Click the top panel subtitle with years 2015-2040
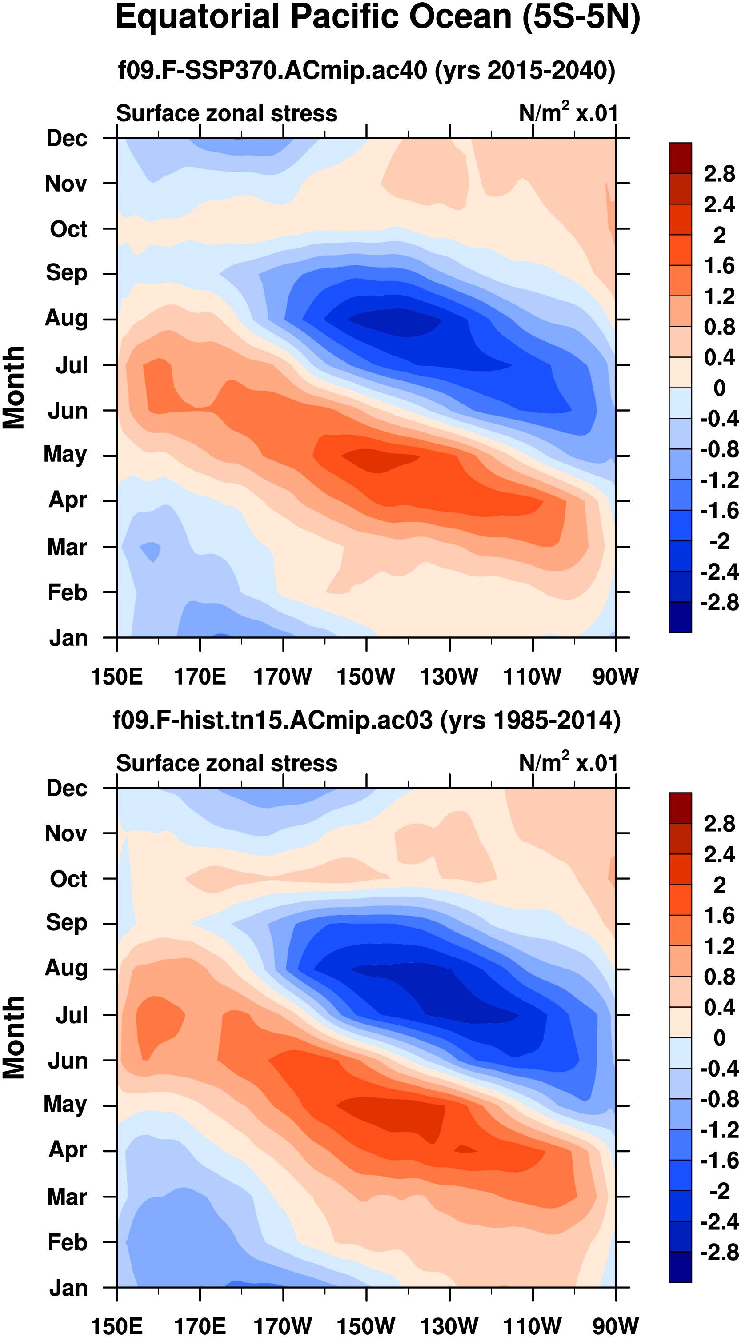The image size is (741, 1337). coord(367,70)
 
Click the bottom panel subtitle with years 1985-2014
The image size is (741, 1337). coord(367,721)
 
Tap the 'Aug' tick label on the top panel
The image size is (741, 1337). coord(66,318)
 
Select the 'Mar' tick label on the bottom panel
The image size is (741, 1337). coord(67,1197)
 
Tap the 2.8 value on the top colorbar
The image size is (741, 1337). coord(719,174)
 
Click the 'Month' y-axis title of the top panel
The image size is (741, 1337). coord(14,388)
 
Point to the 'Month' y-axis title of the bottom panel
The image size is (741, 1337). coord(14,1038)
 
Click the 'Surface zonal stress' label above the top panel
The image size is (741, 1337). coord(227,113)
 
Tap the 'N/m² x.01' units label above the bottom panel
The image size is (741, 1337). coord(568,763)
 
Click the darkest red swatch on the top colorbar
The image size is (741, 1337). coord(680,158)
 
